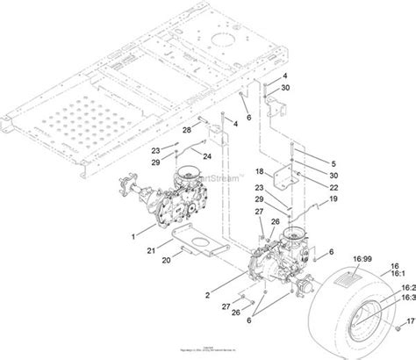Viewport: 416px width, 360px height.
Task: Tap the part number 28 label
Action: [x=186, y=130]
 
